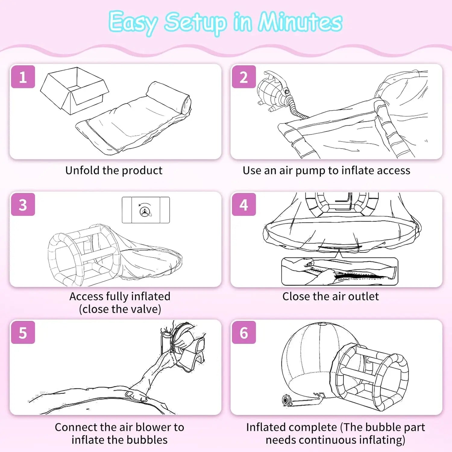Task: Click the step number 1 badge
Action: [x=23, y=77]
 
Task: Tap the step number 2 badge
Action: [x=244, y=77]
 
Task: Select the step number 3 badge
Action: [x=23, y=205]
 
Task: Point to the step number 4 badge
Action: [x=244, y=205]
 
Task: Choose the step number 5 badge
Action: [x=23, y=333]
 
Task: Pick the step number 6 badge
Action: [x=244, y=333]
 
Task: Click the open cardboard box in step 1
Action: [x=74, y=91]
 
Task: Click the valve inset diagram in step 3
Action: [x=146, y=210]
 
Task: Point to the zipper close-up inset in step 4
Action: [x=340, y=271]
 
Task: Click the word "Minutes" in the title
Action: [x=300, y=22]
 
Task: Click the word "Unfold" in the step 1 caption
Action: [x=82, y=170]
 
